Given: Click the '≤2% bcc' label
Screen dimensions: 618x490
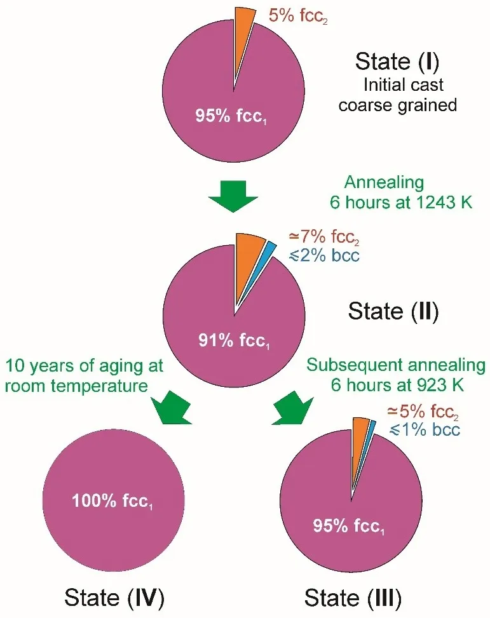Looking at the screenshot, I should (326, 256).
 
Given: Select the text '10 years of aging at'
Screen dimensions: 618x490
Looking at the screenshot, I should (85, 366).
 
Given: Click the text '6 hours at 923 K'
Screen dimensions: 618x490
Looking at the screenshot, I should (395, 384).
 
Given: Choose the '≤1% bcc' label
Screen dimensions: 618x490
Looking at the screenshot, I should (425, 430).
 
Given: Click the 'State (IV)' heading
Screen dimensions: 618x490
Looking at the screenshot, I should (114, 598).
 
